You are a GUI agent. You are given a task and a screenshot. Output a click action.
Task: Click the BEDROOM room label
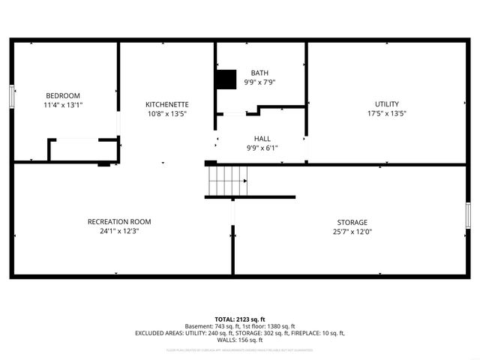click(63, 95)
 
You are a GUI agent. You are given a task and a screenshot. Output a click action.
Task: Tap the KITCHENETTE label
click(167, 104)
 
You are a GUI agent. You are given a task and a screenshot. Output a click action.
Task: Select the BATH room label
click(259, 73)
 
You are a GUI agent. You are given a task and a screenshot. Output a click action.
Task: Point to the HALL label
click(262, 139)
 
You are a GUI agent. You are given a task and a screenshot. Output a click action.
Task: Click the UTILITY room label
click(387, 104)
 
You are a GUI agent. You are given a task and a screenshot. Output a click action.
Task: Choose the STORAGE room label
click(352, 223)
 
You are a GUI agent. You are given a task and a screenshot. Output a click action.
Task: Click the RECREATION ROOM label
click(119, 222)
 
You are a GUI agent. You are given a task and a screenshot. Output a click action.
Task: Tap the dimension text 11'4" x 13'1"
click(63, 105)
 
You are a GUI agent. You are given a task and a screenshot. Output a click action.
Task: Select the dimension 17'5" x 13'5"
click(387, 114)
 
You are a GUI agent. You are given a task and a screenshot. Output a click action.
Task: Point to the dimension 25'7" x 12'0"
click(352, 232)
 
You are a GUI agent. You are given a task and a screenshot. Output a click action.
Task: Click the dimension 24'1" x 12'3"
click(119, 232)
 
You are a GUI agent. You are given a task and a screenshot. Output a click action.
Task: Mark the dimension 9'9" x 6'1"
click(262, 148)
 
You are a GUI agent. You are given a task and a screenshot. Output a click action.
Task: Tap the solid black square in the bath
click(225, 79)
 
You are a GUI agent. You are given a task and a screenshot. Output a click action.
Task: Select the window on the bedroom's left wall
click(12, 97)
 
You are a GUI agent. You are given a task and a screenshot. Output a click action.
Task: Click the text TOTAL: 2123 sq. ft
click(240, 319)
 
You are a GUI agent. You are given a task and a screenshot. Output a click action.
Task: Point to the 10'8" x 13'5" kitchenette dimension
click(167, 114)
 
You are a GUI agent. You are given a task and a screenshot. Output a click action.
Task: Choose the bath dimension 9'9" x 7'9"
click(259, 82)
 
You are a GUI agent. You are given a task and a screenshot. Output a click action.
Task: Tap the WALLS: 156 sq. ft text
click(240, 340)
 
